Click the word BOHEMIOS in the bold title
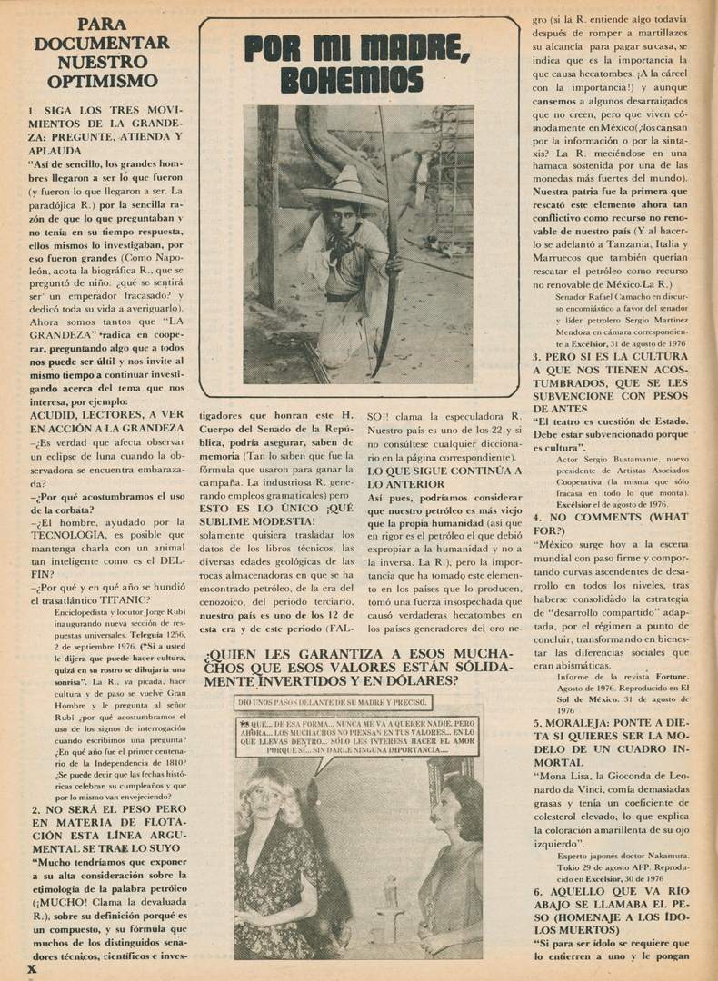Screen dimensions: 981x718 tap(352, 80)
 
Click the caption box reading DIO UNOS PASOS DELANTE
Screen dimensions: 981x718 tap(332, 702)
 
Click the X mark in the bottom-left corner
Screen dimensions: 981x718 tap(32, 969)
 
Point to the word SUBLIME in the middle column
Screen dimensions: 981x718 tap(227, 520)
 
